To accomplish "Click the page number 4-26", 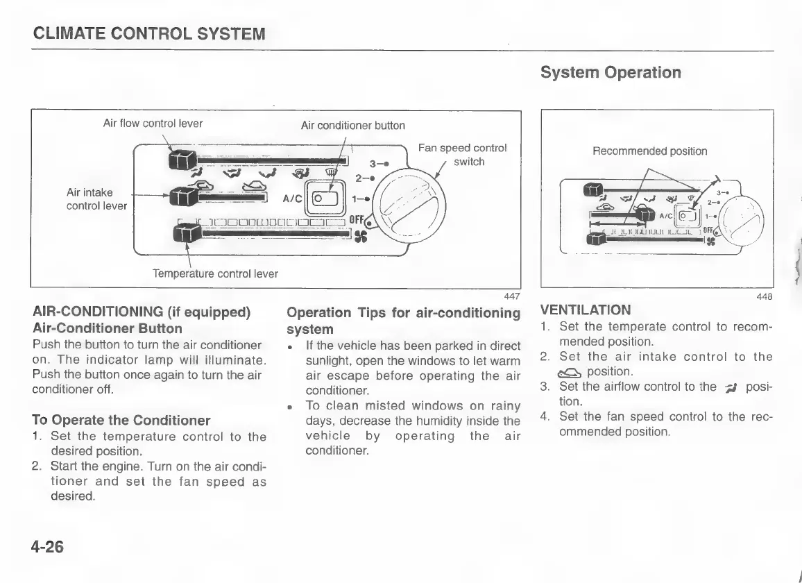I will (x=46, y=546).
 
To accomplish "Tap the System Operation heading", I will (x=610, y=72).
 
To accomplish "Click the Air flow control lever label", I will (x=153, y=124).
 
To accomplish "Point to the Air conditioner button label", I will (x=352, y=126).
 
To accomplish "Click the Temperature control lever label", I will (x=215, y=273).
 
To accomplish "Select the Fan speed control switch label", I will (x=463, y=155).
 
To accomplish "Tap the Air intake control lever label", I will (x=96, y=199).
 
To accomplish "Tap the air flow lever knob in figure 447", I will (x=182, y=160).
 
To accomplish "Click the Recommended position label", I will (x=649, y=151).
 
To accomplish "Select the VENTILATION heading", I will (x=586, y=310).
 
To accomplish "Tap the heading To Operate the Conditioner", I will (x=121, y=420).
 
